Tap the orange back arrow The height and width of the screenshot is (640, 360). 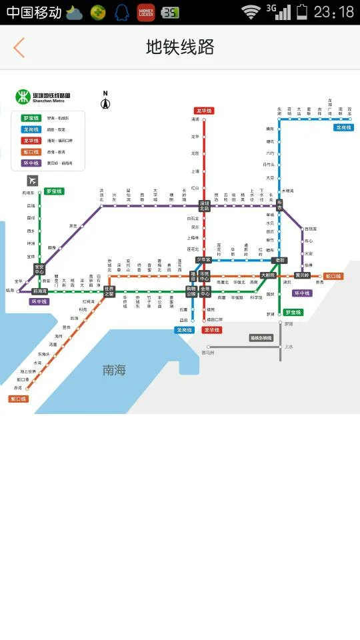tap(19, 47)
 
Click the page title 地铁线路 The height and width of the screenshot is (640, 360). tap(180, 47)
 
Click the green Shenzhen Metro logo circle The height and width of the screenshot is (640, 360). tap(23, 97)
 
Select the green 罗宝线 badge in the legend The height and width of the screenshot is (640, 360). tap(31, 118)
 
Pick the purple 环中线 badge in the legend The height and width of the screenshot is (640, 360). tap(31, 163)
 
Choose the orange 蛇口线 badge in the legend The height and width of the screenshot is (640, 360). tap(31, 152)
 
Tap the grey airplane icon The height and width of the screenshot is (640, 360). tap(33, 181)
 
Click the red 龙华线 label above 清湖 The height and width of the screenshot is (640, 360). tap(204, 111)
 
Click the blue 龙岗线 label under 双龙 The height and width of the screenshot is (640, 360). tap(343, 127)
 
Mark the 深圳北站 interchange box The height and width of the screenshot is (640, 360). tap(204, 206)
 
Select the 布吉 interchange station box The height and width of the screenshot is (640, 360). tap(279, 206)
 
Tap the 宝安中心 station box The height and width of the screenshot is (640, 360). tap(39, 269)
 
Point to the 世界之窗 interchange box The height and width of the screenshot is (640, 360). tap(109, 291)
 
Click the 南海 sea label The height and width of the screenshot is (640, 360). tap(114, 370)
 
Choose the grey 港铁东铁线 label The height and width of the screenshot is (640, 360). tap(261, 338)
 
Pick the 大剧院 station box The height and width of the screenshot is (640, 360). tap(268, 275)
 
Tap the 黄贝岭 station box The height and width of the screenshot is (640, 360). tap(303, 275)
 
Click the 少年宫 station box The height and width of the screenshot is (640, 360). tap(203, 259)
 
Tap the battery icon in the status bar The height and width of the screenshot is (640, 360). tap(302, 11)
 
